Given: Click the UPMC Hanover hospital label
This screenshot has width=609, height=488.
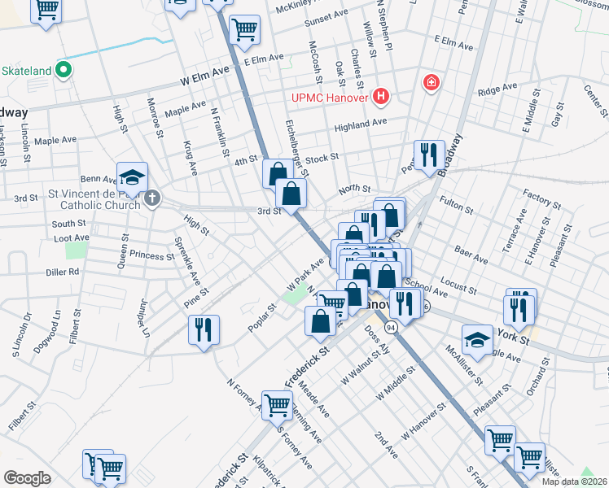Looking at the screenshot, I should point(331,98).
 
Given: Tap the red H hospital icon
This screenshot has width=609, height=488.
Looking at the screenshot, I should point(380,98).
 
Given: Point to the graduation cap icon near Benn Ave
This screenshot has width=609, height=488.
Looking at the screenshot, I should point(132,177).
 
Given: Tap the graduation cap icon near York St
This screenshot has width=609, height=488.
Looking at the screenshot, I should point(477,338).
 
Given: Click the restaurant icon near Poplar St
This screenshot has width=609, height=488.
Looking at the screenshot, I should point(203,329).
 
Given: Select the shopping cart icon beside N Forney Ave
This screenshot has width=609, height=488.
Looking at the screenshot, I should point(277,403).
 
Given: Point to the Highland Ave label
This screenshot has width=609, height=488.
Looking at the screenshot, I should point(361,124).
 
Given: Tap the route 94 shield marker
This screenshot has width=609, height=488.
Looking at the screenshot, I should point(392,327).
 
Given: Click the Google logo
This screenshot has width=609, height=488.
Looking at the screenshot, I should point(27,477).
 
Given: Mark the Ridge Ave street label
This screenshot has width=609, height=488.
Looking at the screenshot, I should point(497,88).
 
